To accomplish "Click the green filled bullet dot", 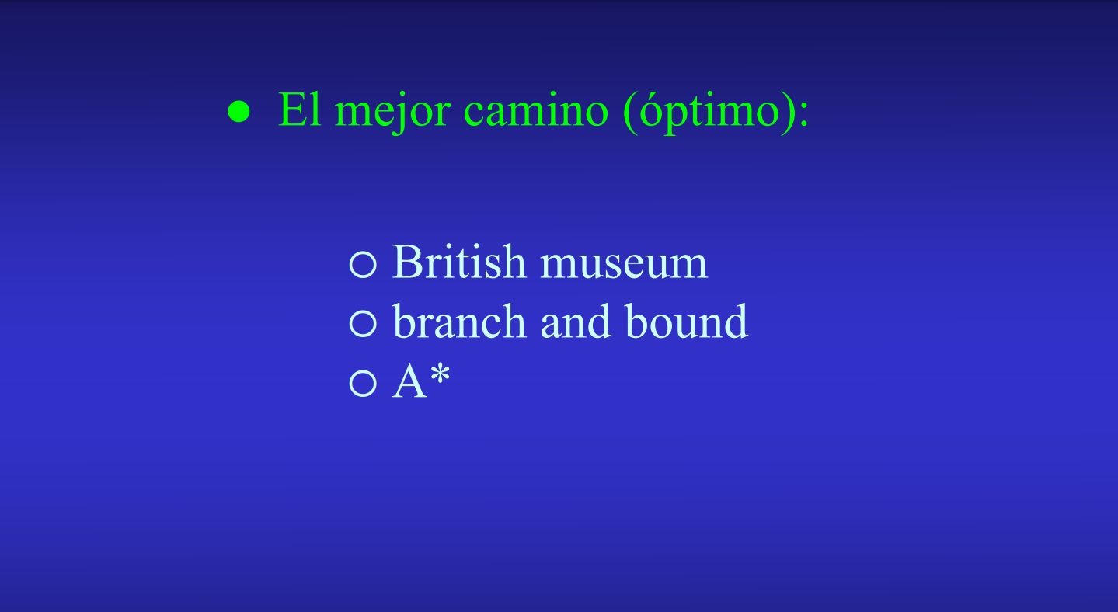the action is (239, 111).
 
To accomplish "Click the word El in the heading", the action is (299, 110).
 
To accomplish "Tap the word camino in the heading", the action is (536, 110).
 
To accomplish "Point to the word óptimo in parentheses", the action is (709, 112).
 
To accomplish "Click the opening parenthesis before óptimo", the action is (631, 113).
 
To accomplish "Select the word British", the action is (459, 262).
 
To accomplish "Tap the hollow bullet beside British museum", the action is (363, 264).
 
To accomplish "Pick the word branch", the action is (459, 321).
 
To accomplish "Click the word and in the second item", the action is (576, 321).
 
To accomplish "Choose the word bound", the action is (686, 321).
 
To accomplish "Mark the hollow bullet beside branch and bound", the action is (363, 324).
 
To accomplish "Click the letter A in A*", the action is (409, 381).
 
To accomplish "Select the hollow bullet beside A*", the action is (363, 384).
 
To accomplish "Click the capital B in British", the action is (409, 261).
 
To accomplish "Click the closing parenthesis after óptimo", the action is (788, 113).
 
